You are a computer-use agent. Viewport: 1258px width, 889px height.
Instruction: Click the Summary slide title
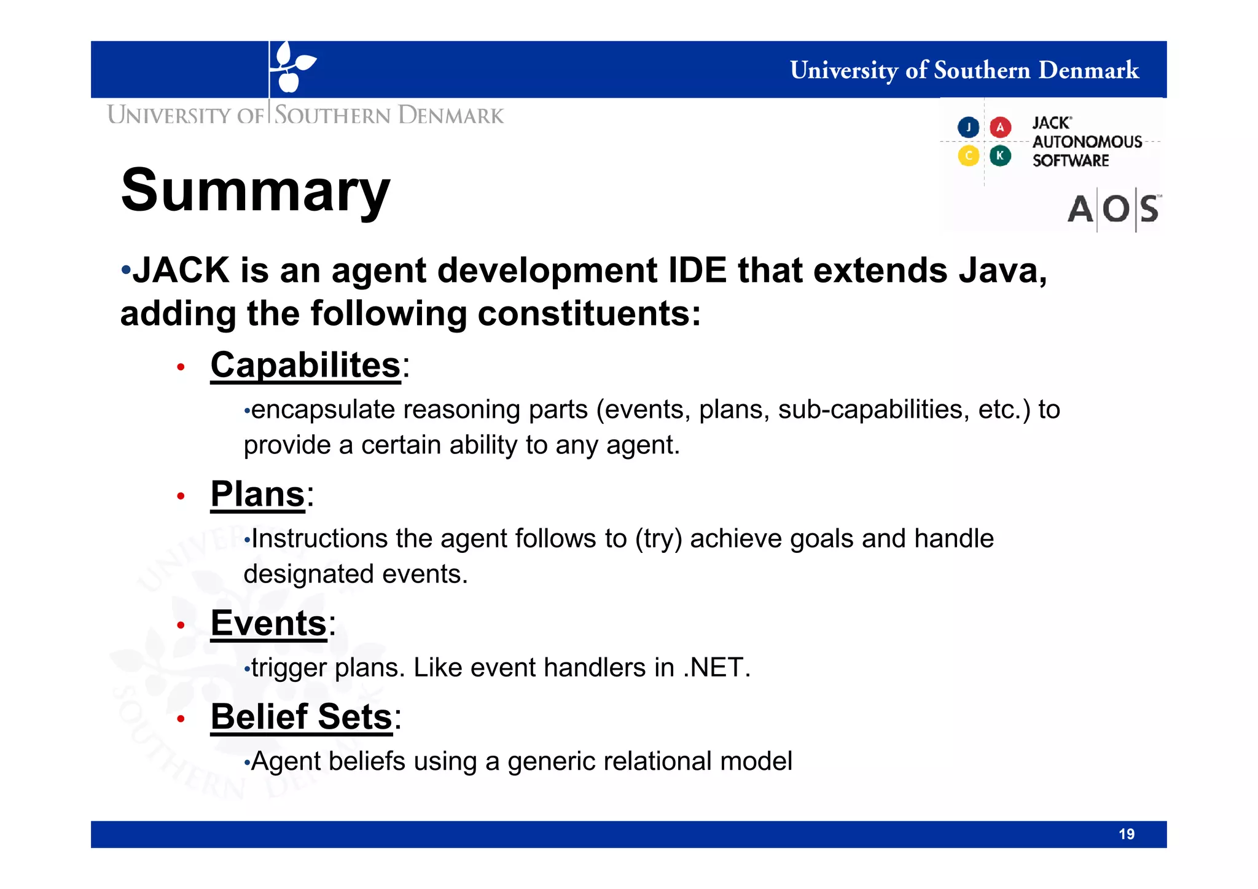[256, 191]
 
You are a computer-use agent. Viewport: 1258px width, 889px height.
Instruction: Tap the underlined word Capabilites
[305, 366]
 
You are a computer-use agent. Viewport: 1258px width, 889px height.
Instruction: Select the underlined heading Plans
[257, 495]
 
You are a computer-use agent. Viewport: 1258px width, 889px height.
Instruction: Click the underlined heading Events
[268, 624]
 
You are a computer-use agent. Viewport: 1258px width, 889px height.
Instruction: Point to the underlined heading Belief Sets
[301, 717]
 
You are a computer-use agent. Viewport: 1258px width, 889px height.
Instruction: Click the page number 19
[1126, 834]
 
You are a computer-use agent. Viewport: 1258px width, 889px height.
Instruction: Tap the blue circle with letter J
[968, 127]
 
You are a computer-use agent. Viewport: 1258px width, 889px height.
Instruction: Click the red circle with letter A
[1000, 127]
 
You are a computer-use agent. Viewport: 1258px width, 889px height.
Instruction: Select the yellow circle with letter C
[968, 156]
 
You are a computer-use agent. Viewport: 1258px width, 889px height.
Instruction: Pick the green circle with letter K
[1000, 156]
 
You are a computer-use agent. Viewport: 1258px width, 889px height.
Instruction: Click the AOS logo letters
[1112, 210]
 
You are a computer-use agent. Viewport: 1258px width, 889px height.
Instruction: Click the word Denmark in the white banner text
[1088, 70]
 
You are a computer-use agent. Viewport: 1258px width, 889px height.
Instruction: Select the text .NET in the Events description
[716, 668]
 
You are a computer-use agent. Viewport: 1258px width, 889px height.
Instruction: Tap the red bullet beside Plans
[181, 496]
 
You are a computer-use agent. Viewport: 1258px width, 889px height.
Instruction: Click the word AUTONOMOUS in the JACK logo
[1087, 142]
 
